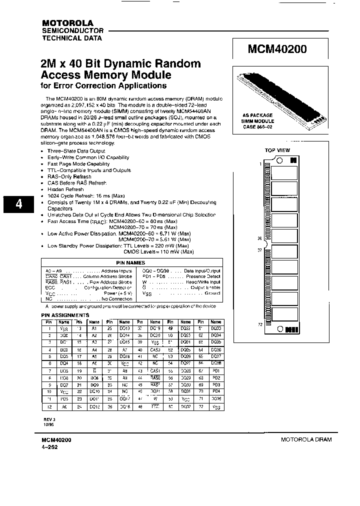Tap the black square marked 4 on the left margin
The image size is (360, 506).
pos(18,204)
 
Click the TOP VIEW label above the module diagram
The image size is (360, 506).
pos(277,150)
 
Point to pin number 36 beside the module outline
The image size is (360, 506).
pos(259,238)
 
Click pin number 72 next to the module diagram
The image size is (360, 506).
pos(259,324)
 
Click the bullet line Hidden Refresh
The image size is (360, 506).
pos(65,189)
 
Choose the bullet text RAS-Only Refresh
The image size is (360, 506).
pos(69,176)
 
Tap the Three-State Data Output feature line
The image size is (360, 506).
pos(76,150)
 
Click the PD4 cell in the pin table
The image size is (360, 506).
pos(215,391)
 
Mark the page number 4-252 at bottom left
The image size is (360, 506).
pos(50,446)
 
